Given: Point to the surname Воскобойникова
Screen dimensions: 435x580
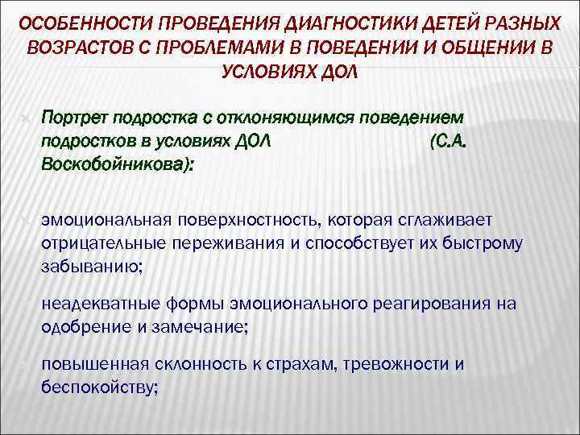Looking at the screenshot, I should pos(114,164).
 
